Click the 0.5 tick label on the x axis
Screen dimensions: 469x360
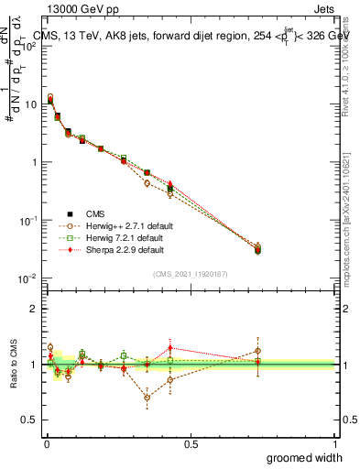(191, 444)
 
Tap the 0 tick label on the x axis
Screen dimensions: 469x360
(45, 444)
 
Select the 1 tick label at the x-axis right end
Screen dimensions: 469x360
(335, 444)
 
